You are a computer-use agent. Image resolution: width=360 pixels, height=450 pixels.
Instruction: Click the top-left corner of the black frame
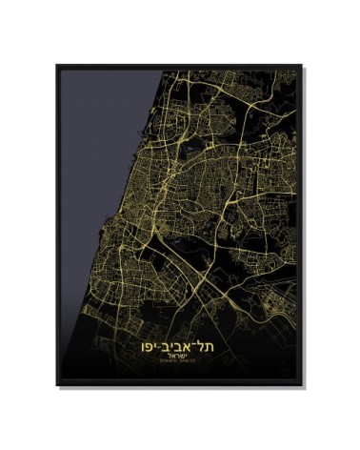(57, 66)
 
